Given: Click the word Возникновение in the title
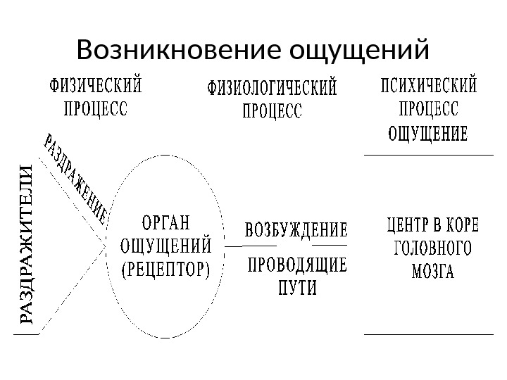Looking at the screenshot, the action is (x=170, y=50).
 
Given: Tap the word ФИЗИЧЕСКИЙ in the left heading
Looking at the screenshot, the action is (x=95, y=90).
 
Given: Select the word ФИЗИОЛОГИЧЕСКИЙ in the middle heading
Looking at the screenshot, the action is (x=271, y=91).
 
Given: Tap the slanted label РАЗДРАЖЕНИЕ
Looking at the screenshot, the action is (x=77, y=177).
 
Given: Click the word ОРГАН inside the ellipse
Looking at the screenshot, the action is (x=167, y=222).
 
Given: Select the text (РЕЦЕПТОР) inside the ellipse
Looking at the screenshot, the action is (x=167, y=270).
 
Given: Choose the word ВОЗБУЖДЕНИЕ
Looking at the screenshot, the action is (x=296, y=230).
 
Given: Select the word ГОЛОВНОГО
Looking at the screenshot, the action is (x=432, y=249).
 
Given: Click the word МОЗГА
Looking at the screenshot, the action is (x=432, y=271).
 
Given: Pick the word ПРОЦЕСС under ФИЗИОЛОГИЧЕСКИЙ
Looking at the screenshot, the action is (x=271, y=110).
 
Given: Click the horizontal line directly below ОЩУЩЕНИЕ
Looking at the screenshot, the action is (x=427, y=154).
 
